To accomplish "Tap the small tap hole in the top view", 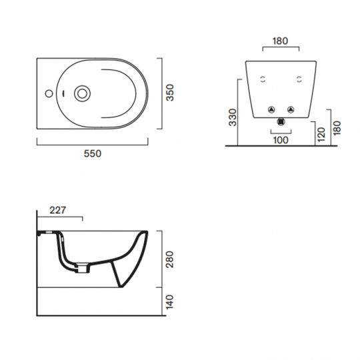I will (x=49, y=92).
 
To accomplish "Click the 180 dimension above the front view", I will (x=281, y=41).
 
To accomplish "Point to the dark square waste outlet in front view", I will (x=281, y=122).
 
